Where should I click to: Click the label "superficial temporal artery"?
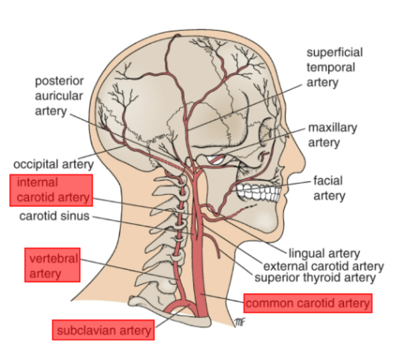click(334, 67)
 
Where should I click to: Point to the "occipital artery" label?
click(53, 164)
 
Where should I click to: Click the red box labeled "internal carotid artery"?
click(51, 190)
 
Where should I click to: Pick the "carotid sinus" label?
click(54, 216)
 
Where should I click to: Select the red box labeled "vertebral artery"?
click(52, 265)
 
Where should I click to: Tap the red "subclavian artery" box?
click(104, 330)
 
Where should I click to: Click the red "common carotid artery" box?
click(307, 303)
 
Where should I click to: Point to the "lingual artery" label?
click(324, 253)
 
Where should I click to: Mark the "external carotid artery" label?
click(323, 266)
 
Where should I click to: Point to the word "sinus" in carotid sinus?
click(75, 216)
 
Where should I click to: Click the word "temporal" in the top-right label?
click(330, 67)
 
